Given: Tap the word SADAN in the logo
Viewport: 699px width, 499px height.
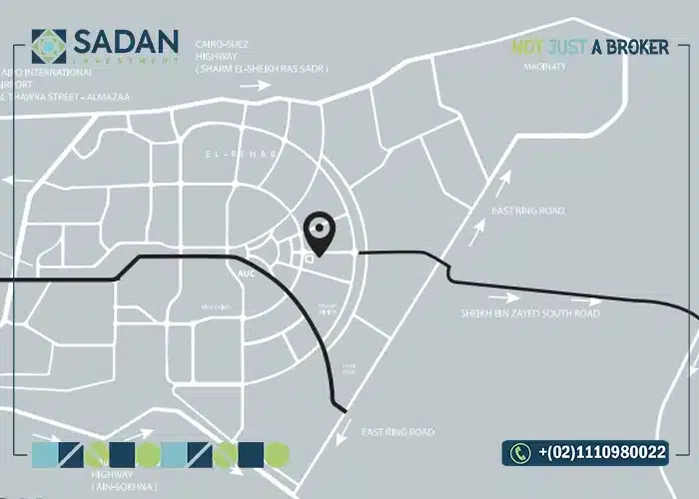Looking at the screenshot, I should pyautogui.click(x=124, y=41).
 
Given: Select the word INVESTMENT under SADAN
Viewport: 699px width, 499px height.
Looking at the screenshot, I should pyautogui.click(x=124, y=62).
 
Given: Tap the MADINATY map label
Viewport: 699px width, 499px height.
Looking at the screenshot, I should pyautogui.click(x=544, y=68).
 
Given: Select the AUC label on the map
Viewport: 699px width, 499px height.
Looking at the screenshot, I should pyautogui.click(x=247, y=271).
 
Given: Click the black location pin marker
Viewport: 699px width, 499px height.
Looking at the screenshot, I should pyautogui.click(x=320, y=233).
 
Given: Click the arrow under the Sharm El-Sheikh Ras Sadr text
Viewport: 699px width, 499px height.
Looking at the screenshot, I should pyautogui.click(x=257, y=87).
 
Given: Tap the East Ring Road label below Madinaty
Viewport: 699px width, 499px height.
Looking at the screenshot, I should pyautogui.click(x=527, y=211).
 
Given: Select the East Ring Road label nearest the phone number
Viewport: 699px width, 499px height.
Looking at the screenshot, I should pyautogui.click(x=397, y=432).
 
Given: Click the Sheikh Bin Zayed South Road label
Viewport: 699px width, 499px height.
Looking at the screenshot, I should pyautogui.click(x=529, y=313).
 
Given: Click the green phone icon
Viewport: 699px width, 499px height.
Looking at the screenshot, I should pyautogui.click(x=520, y=453).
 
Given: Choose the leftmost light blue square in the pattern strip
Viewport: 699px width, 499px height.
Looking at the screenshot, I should pyautogui.click(x=45, y=455).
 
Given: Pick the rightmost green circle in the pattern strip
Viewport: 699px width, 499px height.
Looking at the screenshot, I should pyautogui.click(x=277, y=455).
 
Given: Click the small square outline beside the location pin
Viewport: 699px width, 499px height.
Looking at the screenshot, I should pyautogui.click(x=308, y=258).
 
